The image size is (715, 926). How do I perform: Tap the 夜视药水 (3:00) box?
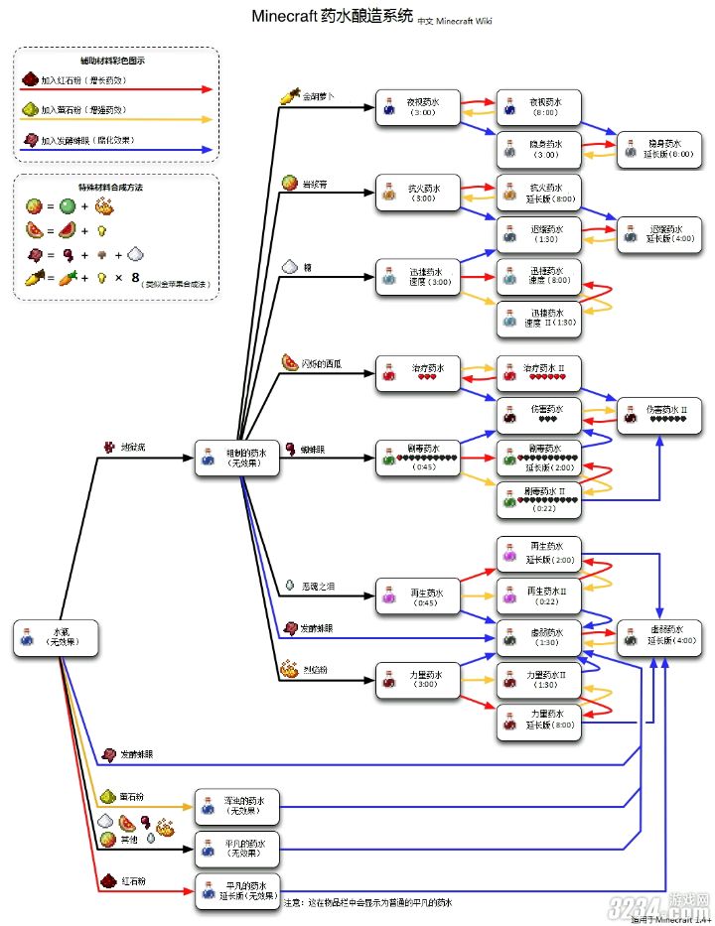417,108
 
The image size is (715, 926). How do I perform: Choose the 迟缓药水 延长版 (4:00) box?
656,233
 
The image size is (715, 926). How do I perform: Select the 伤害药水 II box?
656,414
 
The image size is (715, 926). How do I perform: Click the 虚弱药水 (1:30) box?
538,637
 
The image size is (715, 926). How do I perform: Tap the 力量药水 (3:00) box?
417,681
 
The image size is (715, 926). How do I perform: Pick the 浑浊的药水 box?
236,805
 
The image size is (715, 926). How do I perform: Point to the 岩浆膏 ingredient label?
315,183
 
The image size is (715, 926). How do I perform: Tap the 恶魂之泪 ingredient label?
318,587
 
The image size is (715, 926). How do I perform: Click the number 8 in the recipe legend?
135,278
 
